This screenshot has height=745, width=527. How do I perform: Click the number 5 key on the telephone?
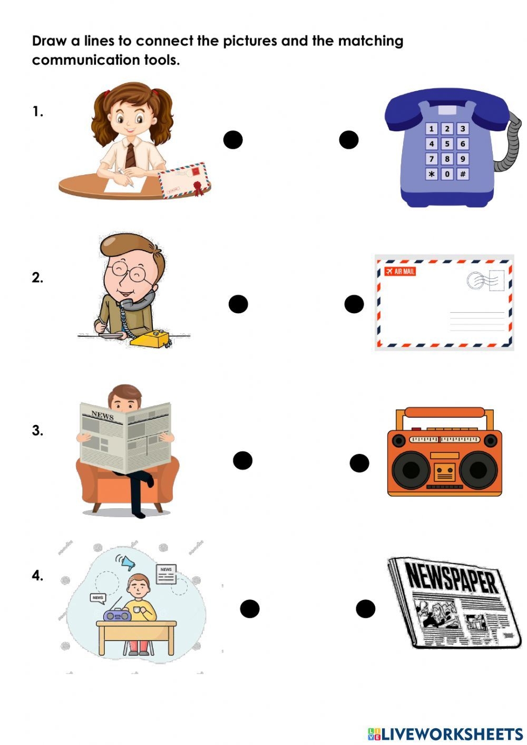coord(447,143)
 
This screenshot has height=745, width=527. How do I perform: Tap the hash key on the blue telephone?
coord(463,174)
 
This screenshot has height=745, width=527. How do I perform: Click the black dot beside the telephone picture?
coord(349,140)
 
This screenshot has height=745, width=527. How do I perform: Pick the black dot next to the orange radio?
coord(359,463)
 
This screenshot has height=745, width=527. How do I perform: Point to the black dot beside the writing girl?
coord(233,140)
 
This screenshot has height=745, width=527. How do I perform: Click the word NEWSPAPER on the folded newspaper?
coord(452,578)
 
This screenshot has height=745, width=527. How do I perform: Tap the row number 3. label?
coord(37,431)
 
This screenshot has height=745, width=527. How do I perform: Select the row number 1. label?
coord(37,112)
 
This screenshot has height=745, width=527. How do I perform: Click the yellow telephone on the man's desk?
coord(151,338)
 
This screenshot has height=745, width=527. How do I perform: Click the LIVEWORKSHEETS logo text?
coord(451,733)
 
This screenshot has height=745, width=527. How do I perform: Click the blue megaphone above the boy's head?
coord(128,564)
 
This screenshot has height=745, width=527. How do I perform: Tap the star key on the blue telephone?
coord(432,174)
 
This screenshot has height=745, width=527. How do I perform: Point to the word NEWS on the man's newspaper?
coord(102,415)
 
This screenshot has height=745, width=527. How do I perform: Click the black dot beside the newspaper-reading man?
coord(242,460)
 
